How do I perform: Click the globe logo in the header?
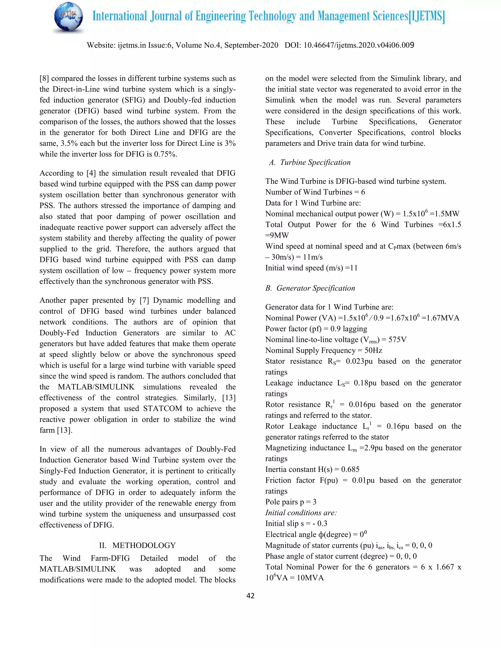[68, 18]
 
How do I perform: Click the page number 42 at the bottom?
[250, 596]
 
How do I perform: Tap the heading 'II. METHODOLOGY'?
[137, 545]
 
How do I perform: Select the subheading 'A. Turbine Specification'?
[309, 162]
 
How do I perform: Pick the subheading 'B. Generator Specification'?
[310, 288]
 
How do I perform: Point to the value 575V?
[397, 339]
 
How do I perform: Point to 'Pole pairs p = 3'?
[291, 502]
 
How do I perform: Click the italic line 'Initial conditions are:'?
[301, 513]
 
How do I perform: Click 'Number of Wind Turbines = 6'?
[315, 192]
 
